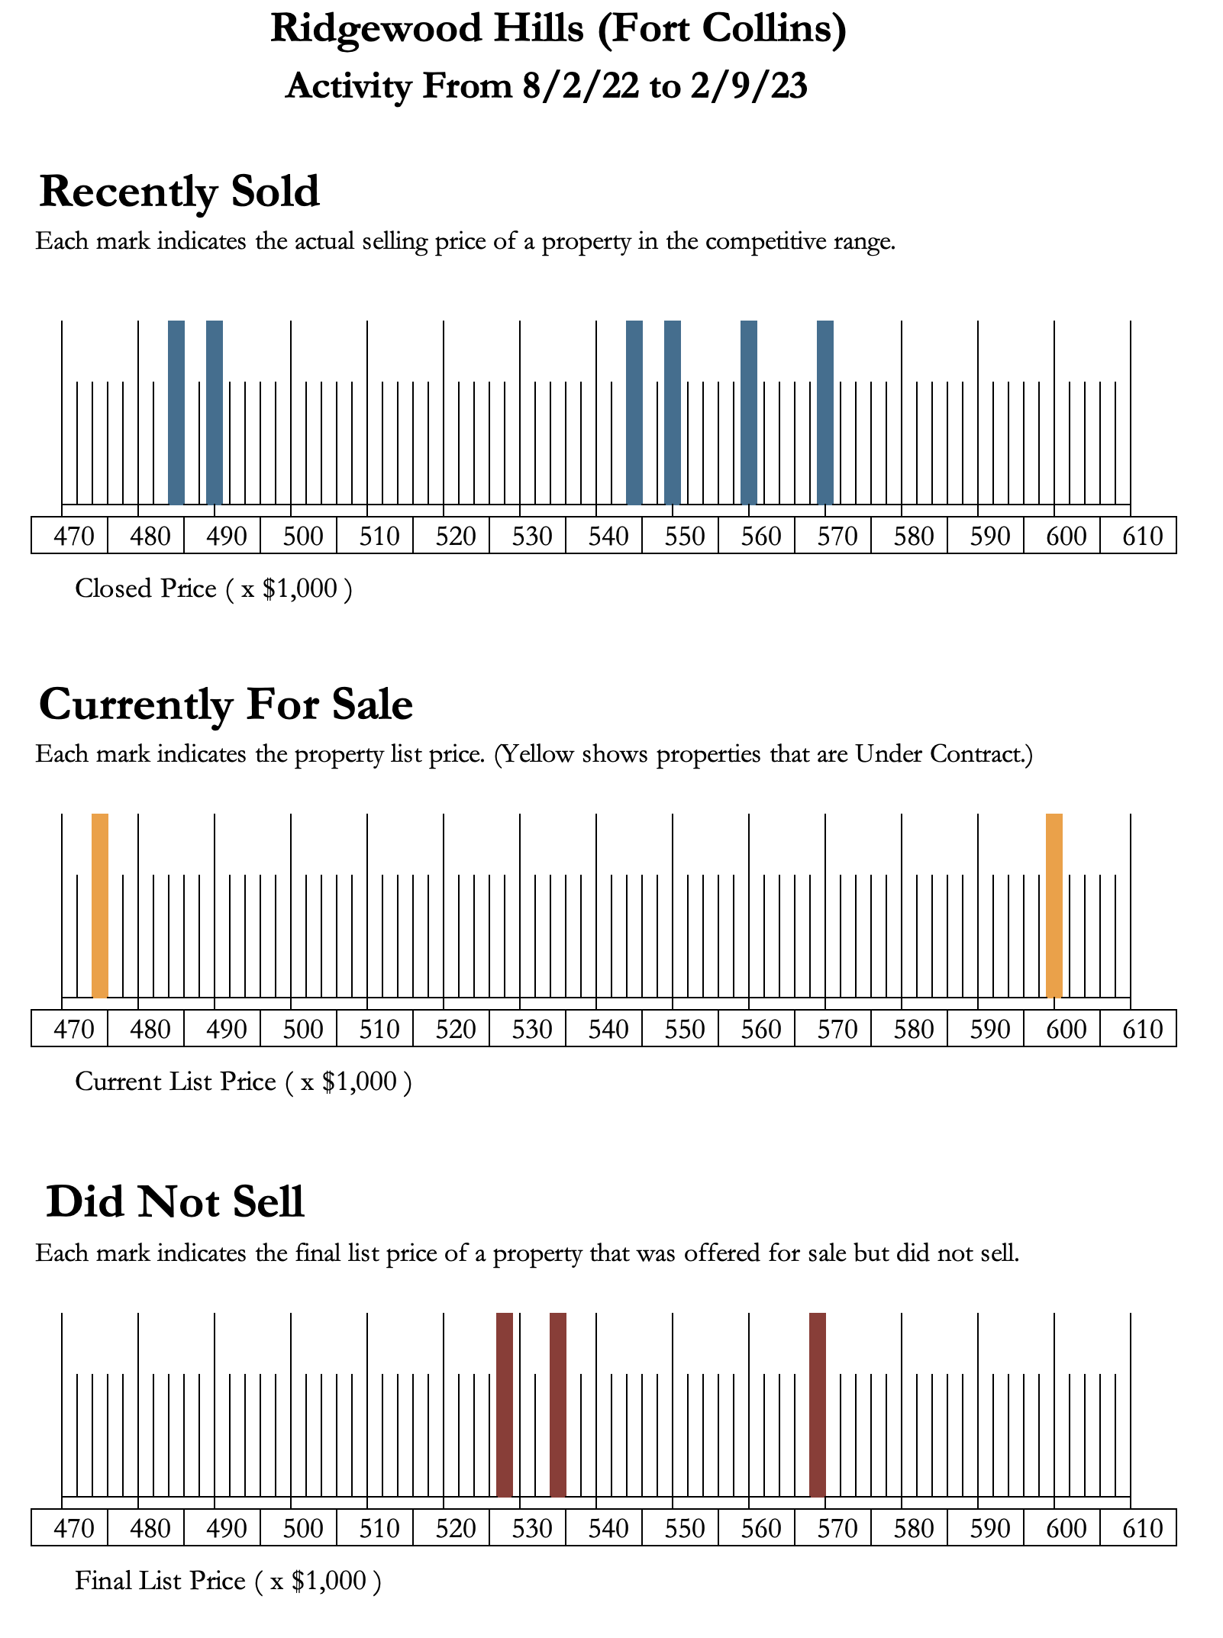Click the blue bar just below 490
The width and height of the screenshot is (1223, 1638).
pyautogui.click(x=215, y=412)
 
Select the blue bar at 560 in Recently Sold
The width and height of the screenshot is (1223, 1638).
pyautogui.click(x=749, y=412)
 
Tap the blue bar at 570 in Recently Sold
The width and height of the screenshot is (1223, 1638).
pyautogui.click(x=825, y=412)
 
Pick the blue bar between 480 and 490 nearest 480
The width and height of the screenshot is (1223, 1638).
pyautogui.click(x=176, y=412)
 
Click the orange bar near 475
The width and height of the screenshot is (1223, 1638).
pyautogui.click(x=100, y=905)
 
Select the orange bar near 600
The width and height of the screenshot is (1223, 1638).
pyautogui.click(x=1054, y=905)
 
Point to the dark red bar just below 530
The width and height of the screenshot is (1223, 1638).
pyautogui.click(x=505, y=1404)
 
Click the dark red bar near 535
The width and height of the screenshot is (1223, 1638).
pyautogui.click(x=558, y=1404)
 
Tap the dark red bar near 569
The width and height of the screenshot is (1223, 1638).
pyautogui.click(x=818, y=1404)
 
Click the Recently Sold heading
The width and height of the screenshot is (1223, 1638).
pyautogui.click(x=179, y=192)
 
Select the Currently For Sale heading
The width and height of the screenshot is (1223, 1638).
pyautogui.click(x=226, y=705)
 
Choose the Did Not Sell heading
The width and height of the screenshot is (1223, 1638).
pyautogui.click(x=176, y=1202)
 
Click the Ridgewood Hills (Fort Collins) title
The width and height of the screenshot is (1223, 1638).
pyautogui.click(x=558, y=31)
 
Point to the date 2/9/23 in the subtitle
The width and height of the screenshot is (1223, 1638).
pyautogui.click(x=749, y=86)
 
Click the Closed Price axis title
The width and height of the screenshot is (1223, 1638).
pyautogui.click(x=213, y=588)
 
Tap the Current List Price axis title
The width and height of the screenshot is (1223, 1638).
pyautogui.click(x=243, y=1082)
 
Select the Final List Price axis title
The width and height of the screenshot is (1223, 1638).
pyautogui.click(x=227, y=1581)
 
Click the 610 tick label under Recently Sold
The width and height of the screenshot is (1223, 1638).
pyautogui.click(x=1143, y=537)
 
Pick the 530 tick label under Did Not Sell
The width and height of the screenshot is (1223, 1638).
pyautogui.click(x=532, y=1529)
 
